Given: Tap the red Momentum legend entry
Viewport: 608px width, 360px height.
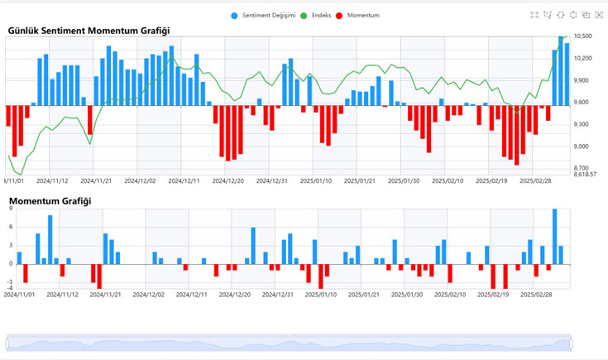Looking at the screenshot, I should (363, 16).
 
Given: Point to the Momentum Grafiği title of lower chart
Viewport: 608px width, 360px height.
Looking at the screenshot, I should (50, 201).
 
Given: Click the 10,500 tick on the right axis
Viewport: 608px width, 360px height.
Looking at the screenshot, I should (584, 36).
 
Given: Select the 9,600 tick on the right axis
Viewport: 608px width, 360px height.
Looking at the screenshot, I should (583, 103).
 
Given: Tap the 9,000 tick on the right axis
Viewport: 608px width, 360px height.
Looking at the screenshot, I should (583, 146).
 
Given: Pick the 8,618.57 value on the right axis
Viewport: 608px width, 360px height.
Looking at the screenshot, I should (586, 175).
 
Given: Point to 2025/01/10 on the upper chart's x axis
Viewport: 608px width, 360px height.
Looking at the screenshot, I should (316, 180).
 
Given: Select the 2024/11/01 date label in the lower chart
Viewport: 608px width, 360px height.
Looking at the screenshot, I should (20, 294).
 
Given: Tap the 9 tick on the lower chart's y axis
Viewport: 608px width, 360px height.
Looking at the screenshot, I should (10, 209).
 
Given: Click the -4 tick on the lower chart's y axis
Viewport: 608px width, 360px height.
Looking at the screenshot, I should (9, 288).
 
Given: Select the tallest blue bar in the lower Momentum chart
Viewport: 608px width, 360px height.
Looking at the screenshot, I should (554, 236).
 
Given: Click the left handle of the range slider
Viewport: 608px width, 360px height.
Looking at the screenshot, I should (7, 343).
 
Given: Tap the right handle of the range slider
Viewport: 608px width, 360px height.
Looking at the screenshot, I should (571, 343).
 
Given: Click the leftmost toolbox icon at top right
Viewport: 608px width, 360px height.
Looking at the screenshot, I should (534, 15).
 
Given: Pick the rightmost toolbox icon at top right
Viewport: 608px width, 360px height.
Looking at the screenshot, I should (599, 15).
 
